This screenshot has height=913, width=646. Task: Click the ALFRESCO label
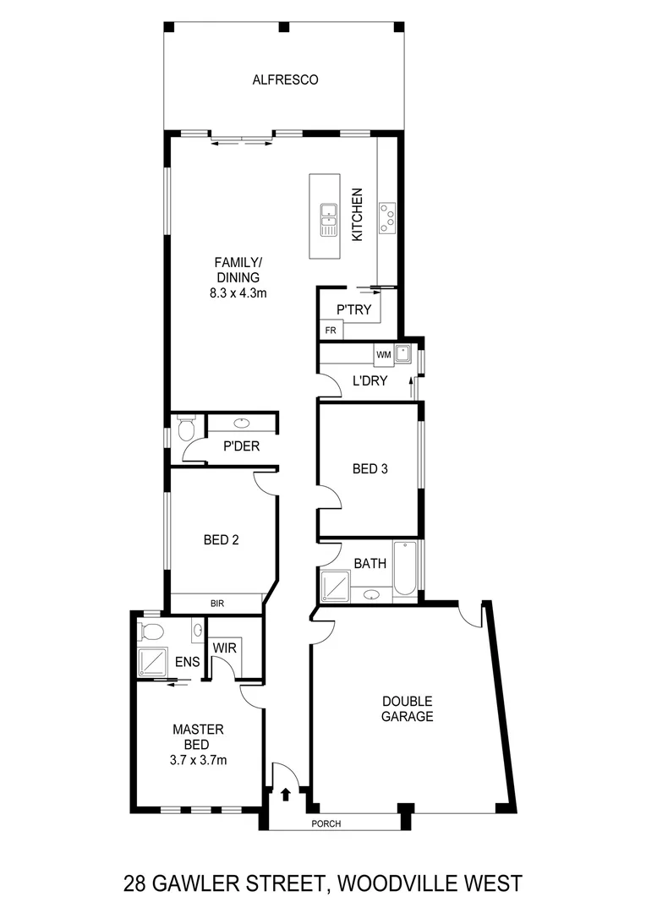[x=285, y=80]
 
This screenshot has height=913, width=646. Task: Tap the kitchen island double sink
[x=327, y=220]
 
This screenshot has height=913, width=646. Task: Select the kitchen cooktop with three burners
[x=389, y=216]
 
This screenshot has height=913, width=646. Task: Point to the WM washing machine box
[x=383, y=354]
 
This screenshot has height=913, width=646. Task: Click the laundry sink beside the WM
[x=404, y=354]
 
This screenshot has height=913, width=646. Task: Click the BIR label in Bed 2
[x=217, y=604]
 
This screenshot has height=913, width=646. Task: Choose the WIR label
[x=224, y=648]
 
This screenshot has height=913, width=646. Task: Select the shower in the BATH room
[x=335, y=585]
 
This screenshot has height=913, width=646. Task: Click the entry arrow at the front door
[x=285, y=795]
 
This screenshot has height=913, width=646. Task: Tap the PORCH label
[x=326, y=824]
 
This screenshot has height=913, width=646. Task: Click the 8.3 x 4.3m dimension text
[x=238, y=293]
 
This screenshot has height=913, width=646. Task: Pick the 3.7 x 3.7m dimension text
[x=198, y=759]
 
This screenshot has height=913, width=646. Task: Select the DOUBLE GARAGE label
[x=407, y=708]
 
